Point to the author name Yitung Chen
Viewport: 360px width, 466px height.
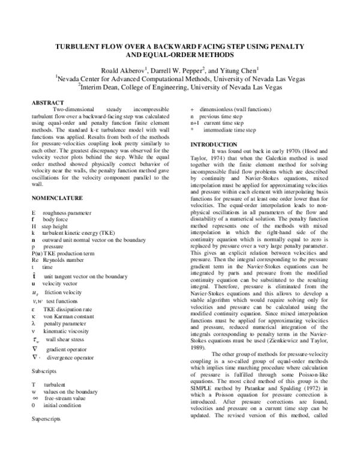click(x=237, y=69)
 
